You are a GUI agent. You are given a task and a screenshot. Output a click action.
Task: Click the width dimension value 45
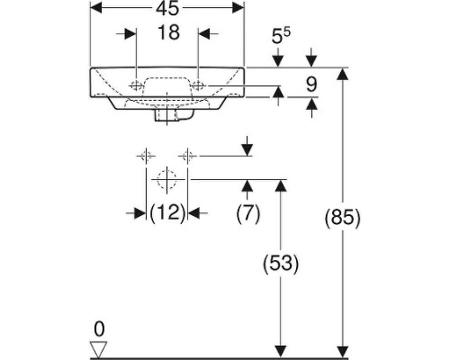tap(167, 9)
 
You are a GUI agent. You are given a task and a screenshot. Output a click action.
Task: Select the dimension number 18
tap(167, 33)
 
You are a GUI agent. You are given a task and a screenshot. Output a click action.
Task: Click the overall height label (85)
tap(342, 218)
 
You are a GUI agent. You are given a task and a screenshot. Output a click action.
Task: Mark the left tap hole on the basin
tap(135, 86)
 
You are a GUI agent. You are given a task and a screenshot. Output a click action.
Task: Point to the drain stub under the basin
tap(167, 114)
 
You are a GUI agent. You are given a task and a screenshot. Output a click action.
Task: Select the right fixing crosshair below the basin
tap(187, 156)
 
